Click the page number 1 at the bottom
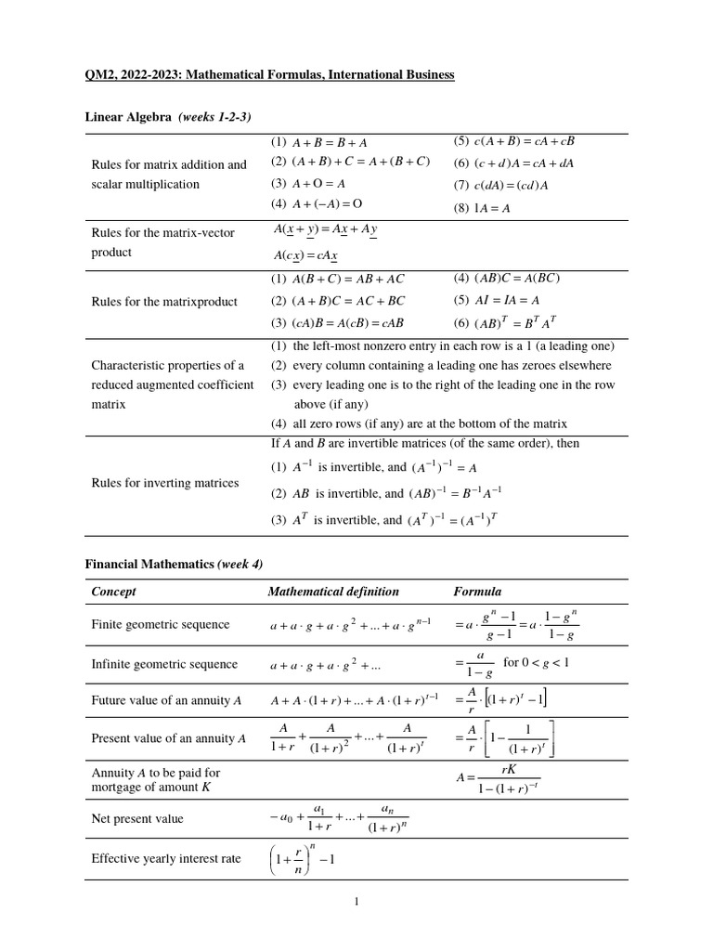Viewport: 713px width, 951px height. [x=356, y=901]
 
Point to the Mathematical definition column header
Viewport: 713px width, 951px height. [x=333, y=592]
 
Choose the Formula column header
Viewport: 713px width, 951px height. [x=477, y=592]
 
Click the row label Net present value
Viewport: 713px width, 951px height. [x=137, y=818]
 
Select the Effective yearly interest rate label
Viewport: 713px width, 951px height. [x=166, y=859]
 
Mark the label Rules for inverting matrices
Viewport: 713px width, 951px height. [x=164, y=483]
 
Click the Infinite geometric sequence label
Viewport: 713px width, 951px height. [x=164, y=665]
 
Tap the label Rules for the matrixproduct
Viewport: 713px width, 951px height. [x=164, y=302]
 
